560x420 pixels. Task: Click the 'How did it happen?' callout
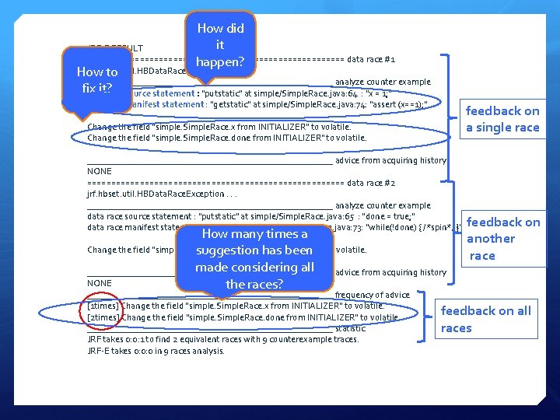click(220, 45)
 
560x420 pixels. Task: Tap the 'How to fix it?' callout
click(96, 80)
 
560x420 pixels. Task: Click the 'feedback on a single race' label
click(502, 119)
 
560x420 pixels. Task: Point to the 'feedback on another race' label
click(502, 238)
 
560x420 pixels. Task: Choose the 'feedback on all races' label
click(486, 319)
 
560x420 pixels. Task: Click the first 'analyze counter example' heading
click(383, 82)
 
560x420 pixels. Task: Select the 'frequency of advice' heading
click(372, 295)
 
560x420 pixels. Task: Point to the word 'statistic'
click(350, 328)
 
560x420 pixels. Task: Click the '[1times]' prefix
click(103, 306)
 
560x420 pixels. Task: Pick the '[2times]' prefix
click(103, 317)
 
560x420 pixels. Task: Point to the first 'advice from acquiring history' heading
click(390, 160)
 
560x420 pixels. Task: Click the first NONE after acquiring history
click(100, 171)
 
